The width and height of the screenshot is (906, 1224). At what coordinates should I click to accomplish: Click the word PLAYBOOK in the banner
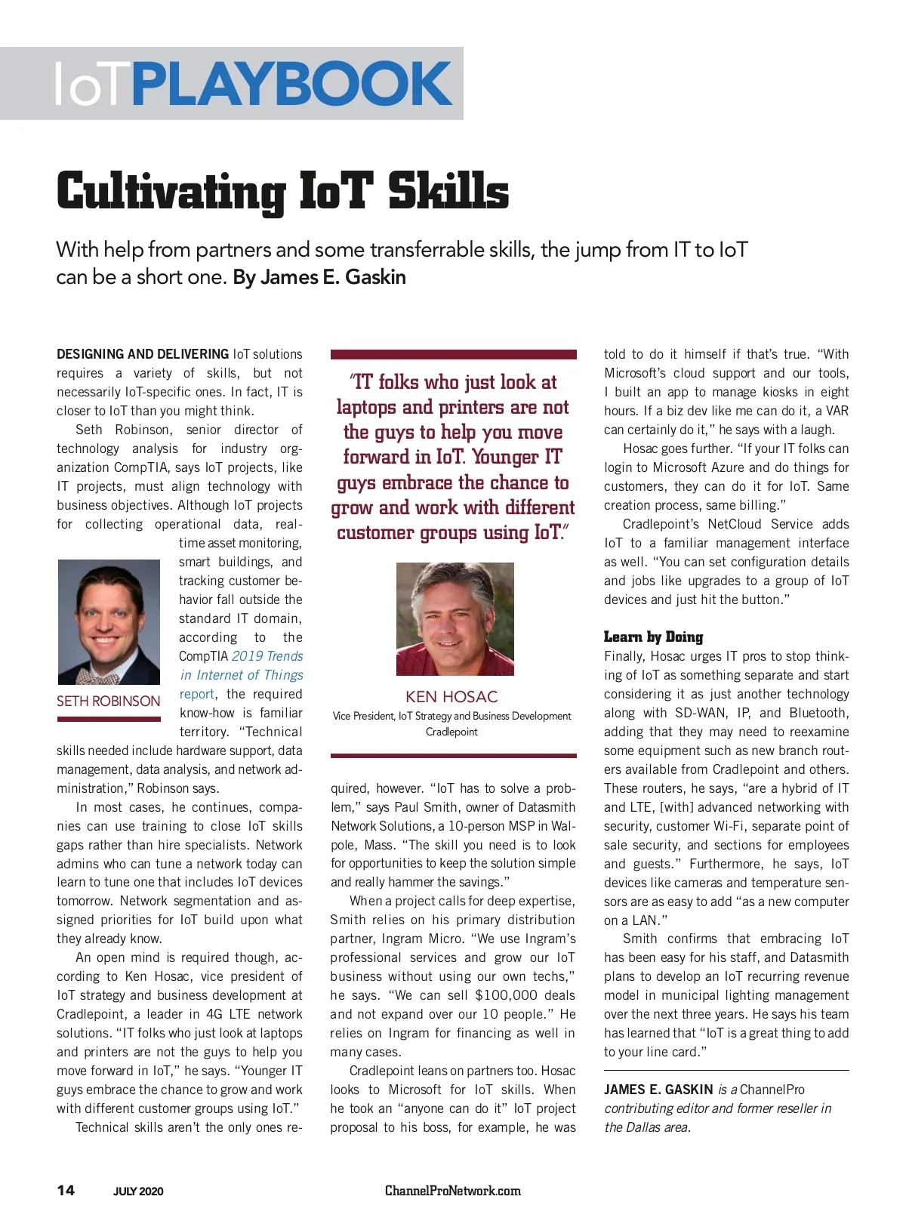point(292,84)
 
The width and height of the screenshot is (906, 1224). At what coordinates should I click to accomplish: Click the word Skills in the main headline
point(448,191)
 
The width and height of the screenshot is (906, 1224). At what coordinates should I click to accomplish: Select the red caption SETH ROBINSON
point(108,701)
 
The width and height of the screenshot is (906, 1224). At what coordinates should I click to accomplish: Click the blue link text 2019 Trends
point(267,656)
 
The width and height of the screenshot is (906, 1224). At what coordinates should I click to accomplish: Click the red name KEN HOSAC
point(451,696)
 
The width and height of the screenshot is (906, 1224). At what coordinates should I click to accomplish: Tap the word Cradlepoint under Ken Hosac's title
point(451,732)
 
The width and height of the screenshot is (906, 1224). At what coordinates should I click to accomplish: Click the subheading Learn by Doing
point(653,637)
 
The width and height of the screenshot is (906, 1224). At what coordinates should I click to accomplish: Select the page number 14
point(66,1190)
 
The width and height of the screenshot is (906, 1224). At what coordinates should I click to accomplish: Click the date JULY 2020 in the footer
point(138,1192)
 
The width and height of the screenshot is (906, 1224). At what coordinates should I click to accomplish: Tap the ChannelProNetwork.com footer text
point(452,1191)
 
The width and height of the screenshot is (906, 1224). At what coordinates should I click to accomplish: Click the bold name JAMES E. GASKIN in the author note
point(658,1090)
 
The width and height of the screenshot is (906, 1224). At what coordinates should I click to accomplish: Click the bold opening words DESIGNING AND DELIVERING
point(143,354)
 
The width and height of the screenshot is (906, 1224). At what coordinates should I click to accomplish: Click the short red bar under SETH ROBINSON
point(109,719)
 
